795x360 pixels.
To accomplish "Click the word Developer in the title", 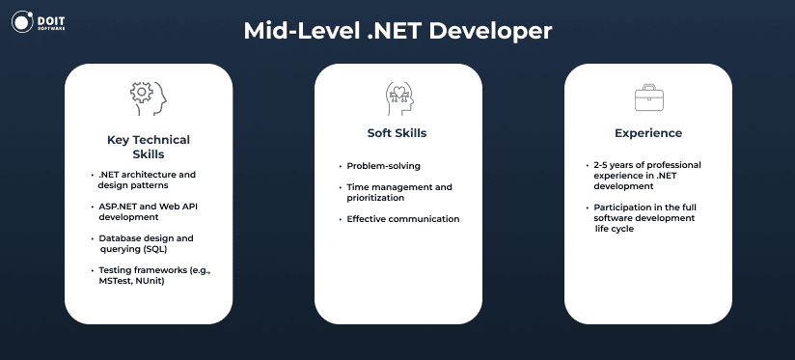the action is coord(490,32).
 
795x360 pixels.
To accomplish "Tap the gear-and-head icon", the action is coord(148,97).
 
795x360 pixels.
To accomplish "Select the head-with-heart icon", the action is coord(399,97).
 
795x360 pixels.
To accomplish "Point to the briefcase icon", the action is coord(649,97).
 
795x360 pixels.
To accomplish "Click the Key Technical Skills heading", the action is coord(149,147).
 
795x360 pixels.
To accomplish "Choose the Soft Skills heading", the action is coord(397,133).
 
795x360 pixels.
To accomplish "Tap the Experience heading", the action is coord(648,133).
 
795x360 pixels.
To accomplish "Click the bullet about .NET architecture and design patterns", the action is coord(147,180).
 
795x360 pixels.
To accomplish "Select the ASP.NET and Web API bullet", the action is coord(145,212).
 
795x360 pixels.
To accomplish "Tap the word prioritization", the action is coord(375,198).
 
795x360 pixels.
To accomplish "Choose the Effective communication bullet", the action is coord(403,219).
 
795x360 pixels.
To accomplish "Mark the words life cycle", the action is coord(615,229).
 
